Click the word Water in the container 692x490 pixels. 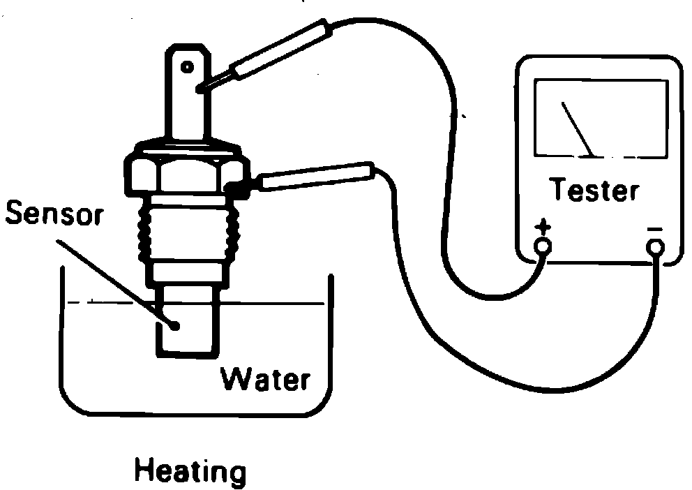264,380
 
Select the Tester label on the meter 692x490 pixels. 594,190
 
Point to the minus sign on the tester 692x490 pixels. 654,228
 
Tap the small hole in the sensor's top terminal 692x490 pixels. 187,67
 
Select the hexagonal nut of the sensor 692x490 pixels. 185,170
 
